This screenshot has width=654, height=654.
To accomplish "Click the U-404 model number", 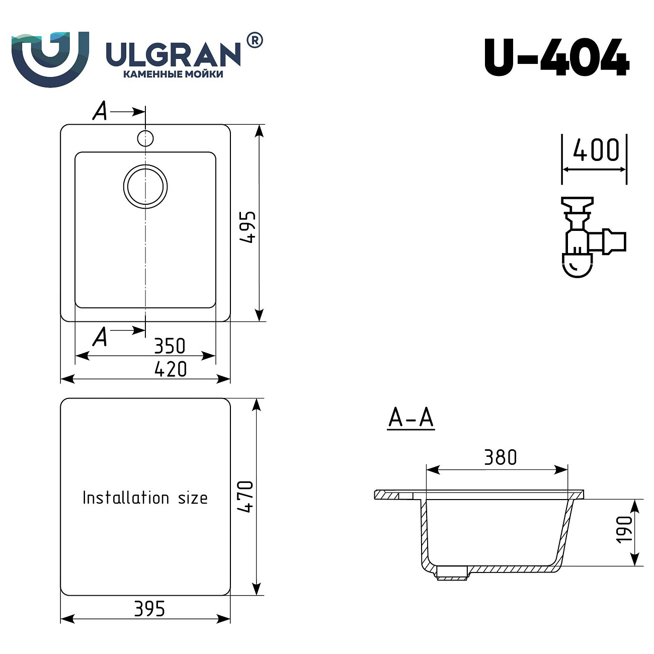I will [x=556, y=57].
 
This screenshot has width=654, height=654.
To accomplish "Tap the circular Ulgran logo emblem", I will [x=50, y=58].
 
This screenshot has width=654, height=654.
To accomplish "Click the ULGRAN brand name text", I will [x=173, y=54].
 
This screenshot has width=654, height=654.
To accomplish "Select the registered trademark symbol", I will [x=255, y=40].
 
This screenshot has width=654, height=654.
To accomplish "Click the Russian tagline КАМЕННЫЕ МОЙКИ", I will [x=173, y=74].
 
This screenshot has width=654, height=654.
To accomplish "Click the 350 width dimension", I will [x=170, y=346].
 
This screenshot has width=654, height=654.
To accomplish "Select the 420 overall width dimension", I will [x=171, y=369].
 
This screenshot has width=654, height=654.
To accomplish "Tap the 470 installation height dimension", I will [x=246, y=497].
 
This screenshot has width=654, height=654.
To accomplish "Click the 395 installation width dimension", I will [x=149, y=609].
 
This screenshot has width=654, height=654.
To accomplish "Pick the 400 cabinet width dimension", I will [x=596, y=150].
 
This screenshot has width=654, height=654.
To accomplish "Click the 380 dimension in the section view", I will [x=500, y=457].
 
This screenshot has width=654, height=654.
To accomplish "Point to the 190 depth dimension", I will [x=624, y=529].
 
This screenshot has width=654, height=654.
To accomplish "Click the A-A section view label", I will [x=411, y=418].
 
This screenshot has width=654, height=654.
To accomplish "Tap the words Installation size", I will [x=145, y=498].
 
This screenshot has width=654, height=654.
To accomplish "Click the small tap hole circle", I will [x=145, y=138].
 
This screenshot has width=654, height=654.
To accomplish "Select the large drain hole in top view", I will [x=145, y=186].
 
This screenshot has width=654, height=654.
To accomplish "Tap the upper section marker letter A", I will [x=100, y=111].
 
